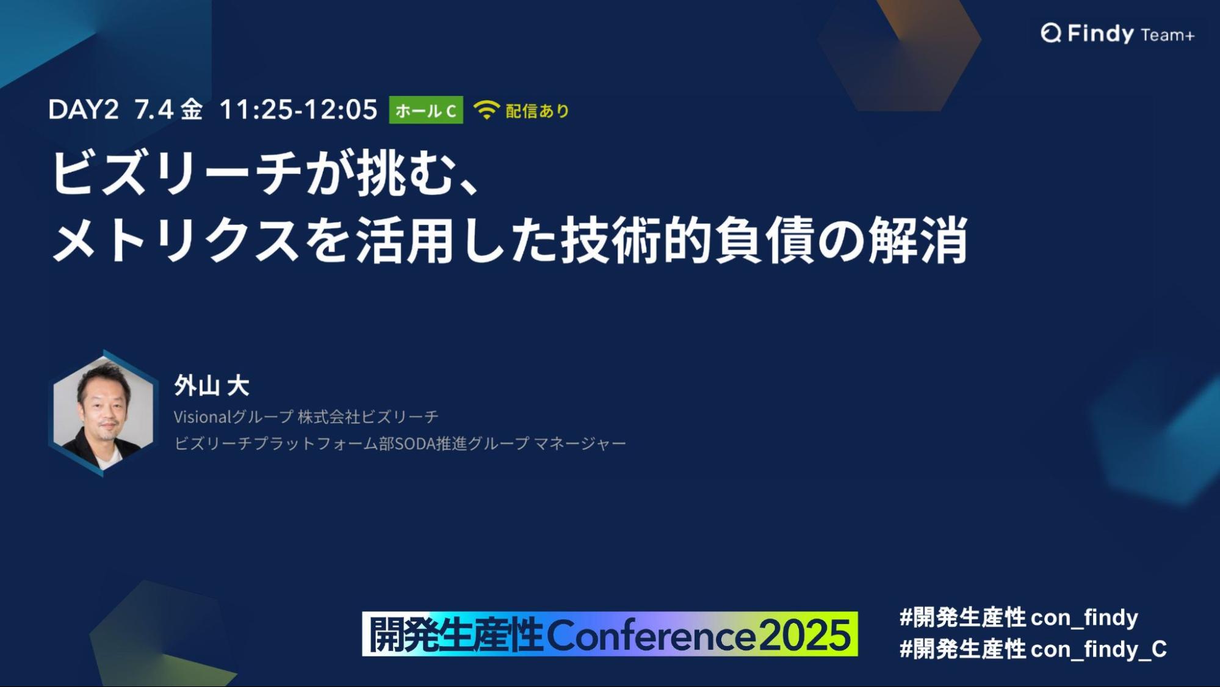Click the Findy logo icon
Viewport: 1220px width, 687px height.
tap(1051, 33)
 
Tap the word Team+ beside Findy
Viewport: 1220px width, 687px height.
tap(1168, 35)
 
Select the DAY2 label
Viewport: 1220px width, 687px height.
tap(84, 110)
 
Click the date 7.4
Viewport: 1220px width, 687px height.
tap(154, 110)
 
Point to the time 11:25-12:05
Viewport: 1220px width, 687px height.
tap(298, 110)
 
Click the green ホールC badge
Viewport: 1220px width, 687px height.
tap(426, 111)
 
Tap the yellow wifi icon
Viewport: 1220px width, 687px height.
tap(486, 111)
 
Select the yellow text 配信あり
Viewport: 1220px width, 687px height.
tap(538, 111)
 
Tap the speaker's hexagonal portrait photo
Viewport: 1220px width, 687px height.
tap(103, 413)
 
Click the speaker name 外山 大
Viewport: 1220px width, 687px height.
tap(212, 385)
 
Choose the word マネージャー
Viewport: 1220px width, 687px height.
tap(580, 443)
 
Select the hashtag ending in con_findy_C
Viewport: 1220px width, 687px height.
tap(1033, 649)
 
